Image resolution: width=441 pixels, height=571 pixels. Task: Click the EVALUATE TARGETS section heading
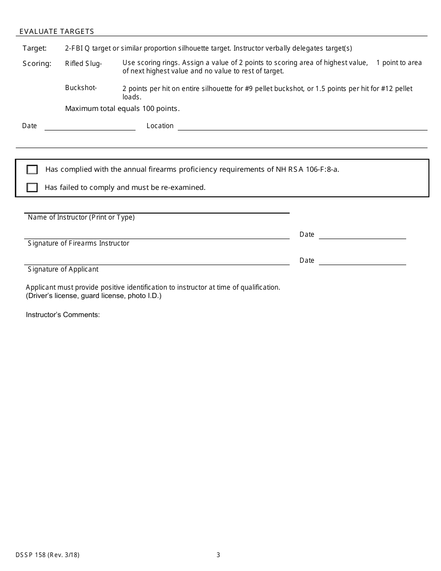(57, 32)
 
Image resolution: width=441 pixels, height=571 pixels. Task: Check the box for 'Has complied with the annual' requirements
(32, 169)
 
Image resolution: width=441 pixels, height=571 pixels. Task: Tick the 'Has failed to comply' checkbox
(32, 188)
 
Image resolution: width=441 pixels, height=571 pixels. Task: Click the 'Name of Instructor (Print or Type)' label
(81, 217)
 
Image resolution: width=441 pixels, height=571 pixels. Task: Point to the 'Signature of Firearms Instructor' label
(78, 243)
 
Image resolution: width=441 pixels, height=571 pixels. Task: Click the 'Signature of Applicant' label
(63, 269)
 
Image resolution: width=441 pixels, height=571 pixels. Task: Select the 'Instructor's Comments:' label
(63, 315)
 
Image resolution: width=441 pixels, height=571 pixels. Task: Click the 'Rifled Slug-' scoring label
(83, 64)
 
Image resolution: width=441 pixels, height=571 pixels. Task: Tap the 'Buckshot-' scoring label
(81, 88)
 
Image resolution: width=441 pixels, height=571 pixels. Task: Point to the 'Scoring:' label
(37, 64)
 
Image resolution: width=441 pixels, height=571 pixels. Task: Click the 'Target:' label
(35, 48)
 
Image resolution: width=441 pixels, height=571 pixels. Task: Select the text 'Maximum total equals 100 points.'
(122, 109)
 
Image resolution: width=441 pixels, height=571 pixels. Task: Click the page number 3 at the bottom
(218, 555)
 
